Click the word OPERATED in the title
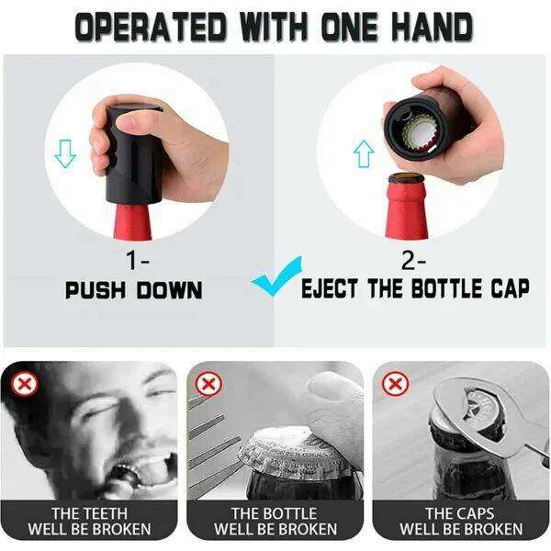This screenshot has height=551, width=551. click(151, 28)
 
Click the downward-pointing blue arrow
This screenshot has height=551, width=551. click(65, 153)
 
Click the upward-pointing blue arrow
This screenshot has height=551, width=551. click(364, 153)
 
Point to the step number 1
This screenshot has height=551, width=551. click(132, 261)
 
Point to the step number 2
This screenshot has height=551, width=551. click(408, 261)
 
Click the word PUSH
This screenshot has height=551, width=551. click(96, 290)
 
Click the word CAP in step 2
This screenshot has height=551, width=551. click(511, 288)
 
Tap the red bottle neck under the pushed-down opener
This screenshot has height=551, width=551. click(132, 222)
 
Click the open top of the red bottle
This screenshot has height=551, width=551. click(406, 178)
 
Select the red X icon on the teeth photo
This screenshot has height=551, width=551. click(24, 383)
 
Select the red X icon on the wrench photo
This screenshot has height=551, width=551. click(395, 383)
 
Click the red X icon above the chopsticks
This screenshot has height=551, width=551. click(209, 383)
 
